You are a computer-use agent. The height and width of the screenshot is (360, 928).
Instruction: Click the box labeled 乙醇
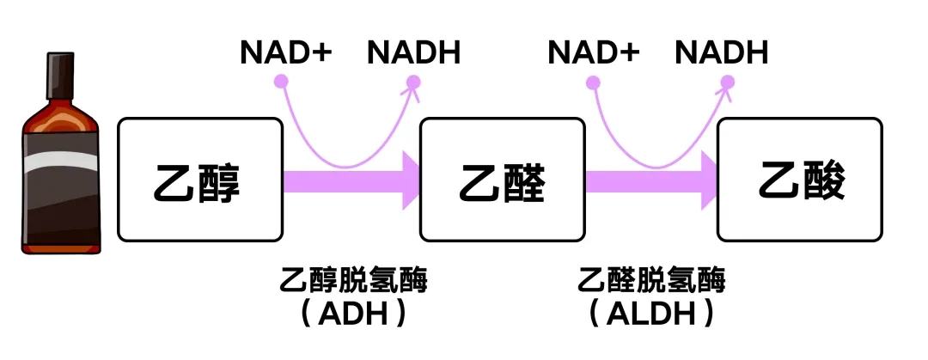click(199, 180)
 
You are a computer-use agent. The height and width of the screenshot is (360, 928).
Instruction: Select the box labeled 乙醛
click(502, 180)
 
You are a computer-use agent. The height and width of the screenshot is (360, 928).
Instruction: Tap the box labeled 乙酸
click(800, 180)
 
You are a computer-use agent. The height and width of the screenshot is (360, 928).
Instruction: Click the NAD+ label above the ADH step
click(286, 53)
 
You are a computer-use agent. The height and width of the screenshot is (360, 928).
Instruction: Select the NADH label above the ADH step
click(414, 53)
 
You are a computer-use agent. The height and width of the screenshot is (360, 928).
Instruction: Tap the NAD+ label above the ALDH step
click(594, 53)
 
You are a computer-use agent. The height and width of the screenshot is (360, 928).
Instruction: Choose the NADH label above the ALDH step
click(722, 53)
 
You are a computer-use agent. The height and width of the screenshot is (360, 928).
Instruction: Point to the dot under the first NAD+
click(280, 82)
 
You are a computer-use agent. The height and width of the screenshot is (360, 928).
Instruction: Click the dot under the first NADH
click(413, 82)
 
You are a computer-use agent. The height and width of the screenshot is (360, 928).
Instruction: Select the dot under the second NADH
click(728, 82)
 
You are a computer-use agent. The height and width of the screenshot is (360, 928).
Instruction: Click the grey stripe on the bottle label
click(60, 163)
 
